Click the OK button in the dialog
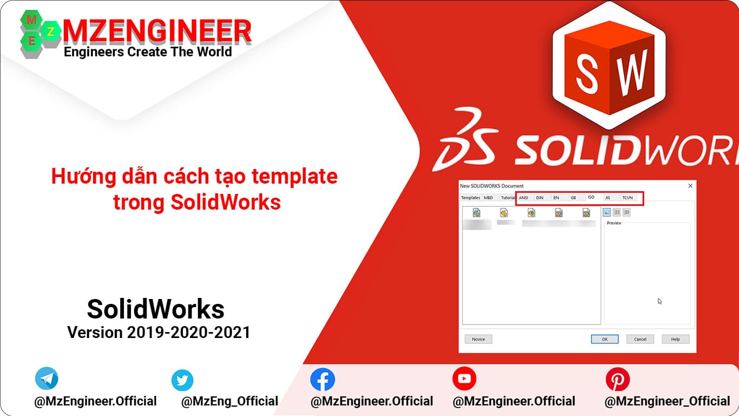tap(604, 339)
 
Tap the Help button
tap(675, 339)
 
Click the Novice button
tap(478, 339)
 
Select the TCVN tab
tap(627, 198)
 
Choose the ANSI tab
tap(523, 198)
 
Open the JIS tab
tap(608, 198)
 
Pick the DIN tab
tap(539, 198)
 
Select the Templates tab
tap(470, 198)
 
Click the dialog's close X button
tap(690, 186)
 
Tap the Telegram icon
tap(47, 379)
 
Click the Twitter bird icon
tap(182, 380)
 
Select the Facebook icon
tap(322, 380)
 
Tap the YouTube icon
tap(464, 379)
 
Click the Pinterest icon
tap(617, 379)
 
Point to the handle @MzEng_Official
tap(229, 401)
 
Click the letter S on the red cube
tap(586, 73)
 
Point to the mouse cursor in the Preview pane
tap(659, 301)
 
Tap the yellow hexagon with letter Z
tap(51, 32)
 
